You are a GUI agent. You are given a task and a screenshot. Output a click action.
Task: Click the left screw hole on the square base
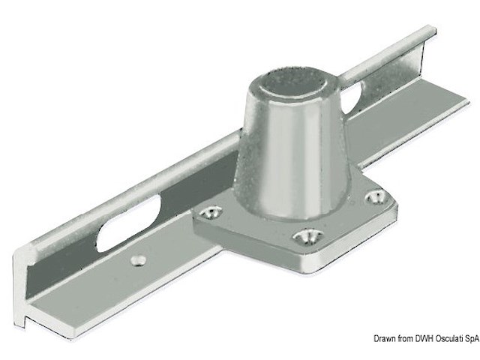pos(210,211)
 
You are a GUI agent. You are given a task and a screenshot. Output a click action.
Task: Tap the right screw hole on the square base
pos(376,196)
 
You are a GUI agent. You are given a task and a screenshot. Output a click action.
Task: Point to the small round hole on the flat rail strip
pos(138,260)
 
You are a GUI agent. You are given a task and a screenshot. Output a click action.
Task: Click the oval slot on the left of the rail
pos(128,223)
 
